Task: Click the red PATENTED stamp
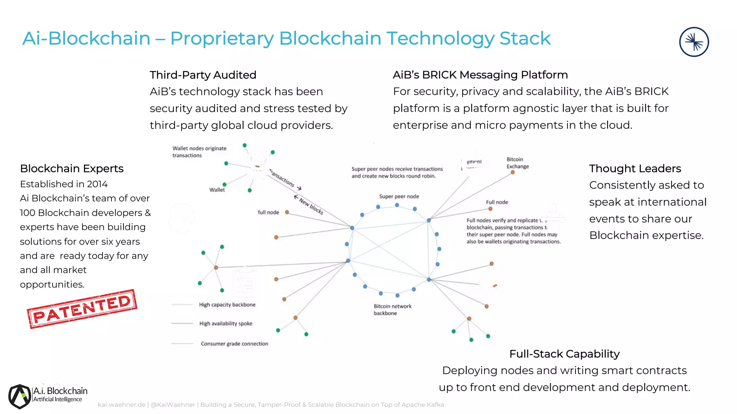[x=82, y=309]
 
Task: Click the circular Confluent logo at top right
[x=694, y=42]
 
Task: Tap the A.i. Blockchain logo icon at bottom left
[x=20, y=396]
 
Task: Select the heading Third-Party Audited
[x=203, y=75]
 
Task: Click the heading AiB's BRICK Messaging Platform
[x=480, y=75]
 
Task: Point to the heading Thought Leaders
[x=635, y=168]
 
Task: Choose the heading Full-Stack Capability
[x=564, y=354]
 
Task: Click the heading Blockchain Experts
[x=72, y=168]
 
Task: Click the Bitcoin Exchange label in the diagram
[x=517, y=163]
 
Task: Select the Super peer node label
[x=399, y=196]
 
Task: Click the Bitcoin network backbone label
[x=392, y=309]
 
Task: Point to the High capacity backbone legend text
[x=227, y=304]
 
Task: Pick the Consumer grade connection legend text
[x=234, y=344]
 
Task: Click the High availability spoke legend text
[x=226, y=323]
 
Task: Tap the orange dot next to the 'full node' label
[x=287, y=212]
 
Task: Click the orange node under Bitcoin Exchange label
[x=513, y=172]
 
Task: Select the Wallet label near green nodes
[x=217, y=190]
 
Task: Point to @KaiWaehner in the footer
[x=173, y=405]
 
